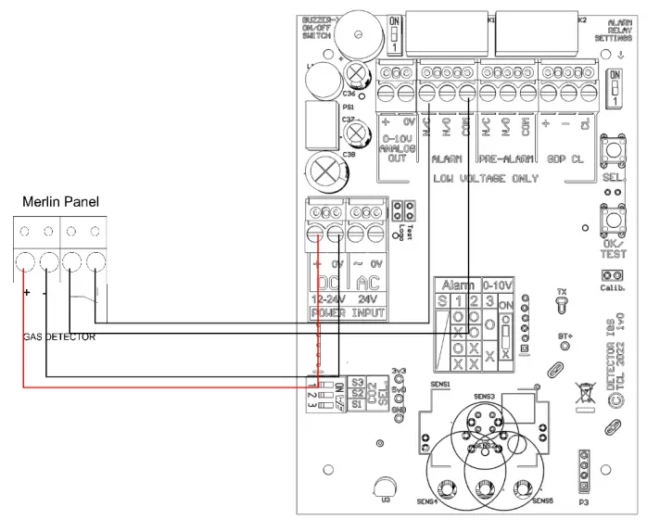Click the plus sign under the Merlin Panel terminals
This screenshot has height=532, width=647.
click(x=26, y=292)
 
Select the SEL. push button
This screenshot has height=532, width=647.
click(x=611, y=153)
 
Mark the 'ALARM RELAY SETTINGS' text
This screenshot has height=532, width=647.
click(x=619, y=35)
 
